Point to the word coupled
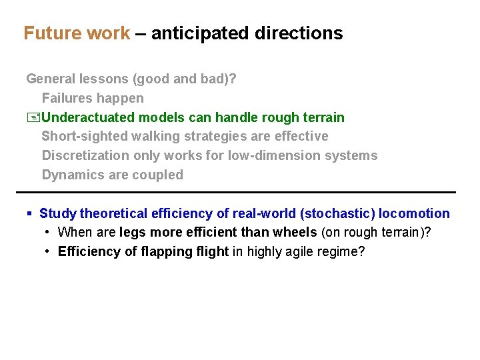coord(158,175)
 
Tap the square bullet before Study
coord(29,214)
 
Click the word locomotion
coord(414,214)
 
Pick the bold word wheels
coord(294,233)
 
